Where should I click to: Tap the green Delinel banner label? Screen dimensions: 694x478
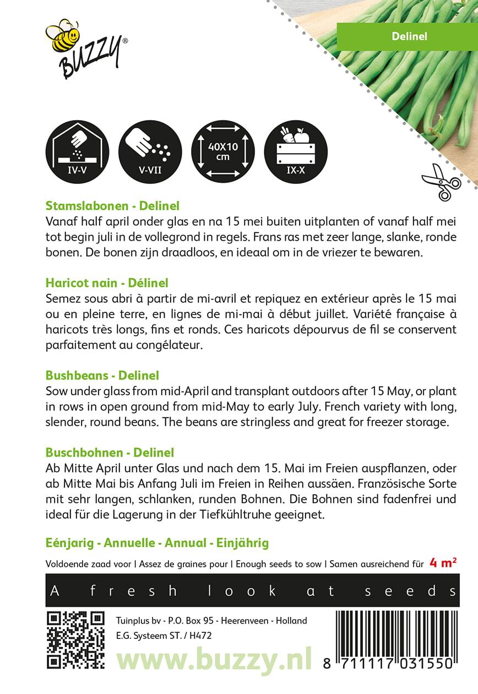point(406,36)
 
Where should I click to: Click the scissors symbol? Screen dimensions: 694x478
point(441,181)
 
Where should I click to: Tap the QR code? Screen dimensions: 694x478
point(75,639)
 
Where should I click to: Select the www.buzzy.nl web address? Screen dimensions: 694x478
point(214,659)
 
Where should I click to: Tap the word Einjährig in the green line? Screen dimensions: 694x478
point(242,543)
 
